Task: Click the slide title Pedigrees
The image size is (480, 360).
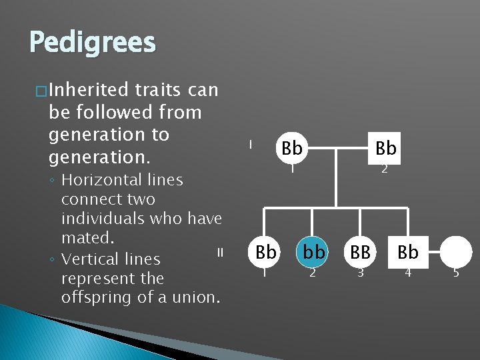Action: coord(92,43)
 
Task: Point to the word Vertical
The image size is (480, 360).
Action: coord(87,259)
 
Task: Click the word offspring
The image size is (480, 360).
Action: coord(97,297)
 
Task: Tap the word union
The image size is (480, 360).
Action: coord(197,297)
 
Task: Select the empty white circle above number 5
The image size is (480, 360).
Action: coord(456,252)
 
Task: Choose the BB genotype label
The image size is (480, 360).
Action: coord(360,252)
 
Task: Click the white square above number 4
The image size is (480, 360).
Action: coord(407,252)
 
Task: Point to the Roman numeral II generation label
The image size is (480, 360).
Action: coord(219,252)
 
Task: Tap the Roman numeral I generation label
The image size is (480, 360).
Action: coord(249,144)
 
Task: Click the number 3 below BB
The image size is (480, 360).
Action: coord(360,272)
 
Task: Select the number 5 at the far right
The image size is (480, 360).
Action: coord(456,272)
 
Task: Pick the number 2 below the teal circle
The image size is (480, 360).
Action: coord(311,272)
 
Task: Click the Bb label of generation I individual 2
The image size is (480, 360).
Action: coord(385,148)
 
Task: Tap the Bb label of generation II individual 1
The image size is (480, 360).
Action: coord(265,252)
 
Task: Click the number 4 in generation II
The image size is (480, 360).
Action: coord(407,272)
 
